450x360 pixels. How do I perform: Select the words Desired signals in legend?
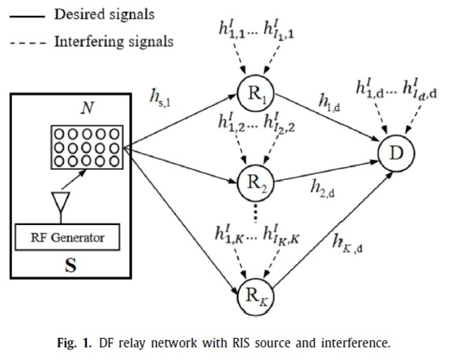pos(104,14)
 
